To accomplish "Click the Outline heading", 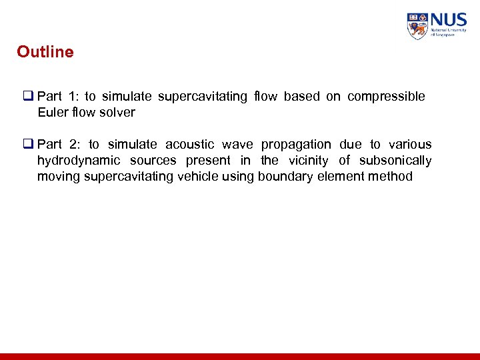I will tap(45, 52).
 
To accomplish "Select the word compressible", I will tap(386, 97).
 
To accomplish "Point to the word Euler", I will tap(53, 113).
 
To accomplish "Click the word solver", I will tap(117, 113).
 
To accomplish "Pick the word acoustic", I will tap(189, 145).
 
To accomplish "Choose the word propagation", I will tap(295, 145).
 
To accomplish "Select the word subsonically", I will tap(395, 161).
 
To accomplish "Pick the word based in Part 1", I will tap(301, 97).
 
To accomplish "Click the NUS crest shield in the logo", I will tap(417, 26).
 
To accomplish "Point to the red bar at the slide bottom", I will tap(240, 357).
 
